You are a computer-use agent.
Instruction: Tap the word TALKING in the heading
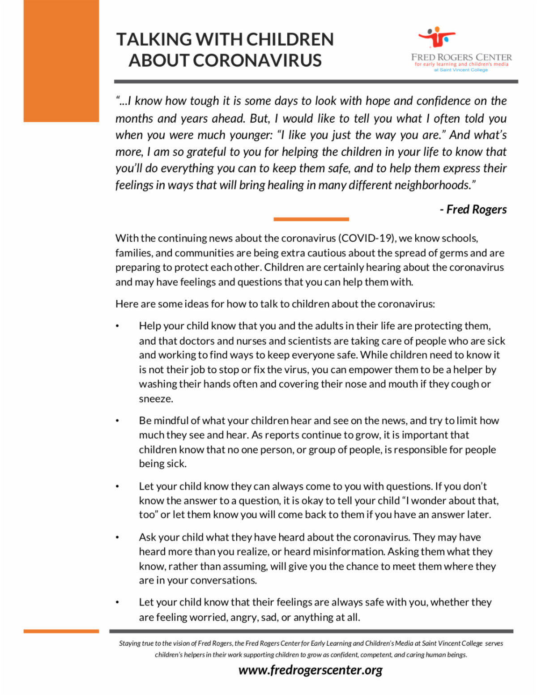(x=154, y=39)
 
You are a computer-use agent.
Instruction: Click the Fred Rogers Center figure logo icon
(x=437, y=37)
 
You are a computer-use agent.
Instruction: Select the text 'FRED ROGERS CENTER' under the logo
(x=461, y=57)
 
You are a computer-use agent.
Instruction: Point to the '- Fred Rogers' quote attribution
(x=473, y=209)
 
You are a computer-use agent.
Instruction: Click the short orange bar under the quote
(x=311, y=219)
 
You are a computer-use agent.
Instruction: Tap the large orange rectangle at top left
(x=61, y=61)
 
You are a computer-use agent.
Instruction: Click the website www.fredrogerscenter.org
(x=311, y=670)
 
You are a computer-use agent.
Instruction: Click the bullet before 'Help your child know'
(x=118, y=326)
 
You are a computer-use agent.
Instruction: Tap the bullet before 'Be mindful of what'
(x=118, y=421)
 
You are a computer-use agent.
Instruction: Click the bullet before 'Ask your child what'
(x=118, y=537)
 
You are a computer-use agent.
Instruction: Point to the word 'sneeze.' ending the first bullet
(x=156, y=399)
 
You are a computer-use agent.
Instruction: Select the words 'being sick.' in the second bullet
(x=162, y=464)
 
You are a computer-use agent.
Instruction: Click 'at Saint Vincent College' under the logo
(x=461, y=70)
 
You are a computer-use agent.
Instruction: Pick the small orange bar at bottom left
(x=61, y=631)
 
